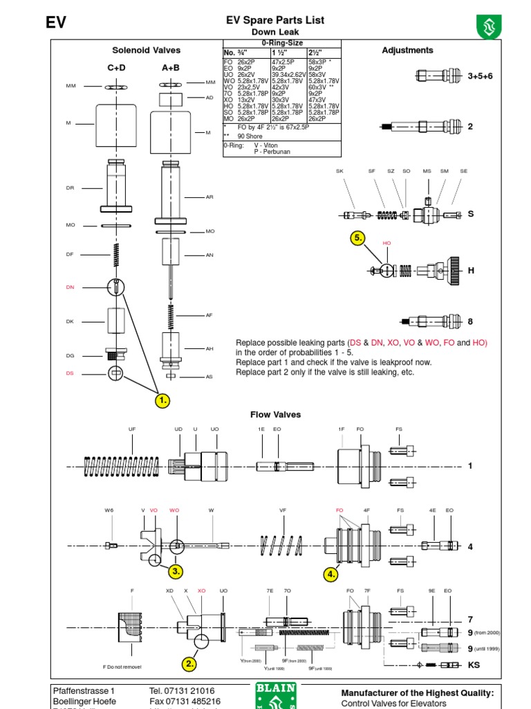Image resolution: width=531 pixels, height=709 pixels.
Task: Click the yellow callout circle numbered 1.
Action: click(x=162, y=400)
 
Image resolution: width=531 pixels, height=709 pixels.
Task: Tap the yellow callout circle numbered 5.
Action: click(x=357, y=238)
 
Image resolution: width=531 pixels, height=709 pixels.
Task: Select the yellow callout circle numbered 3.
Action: click(x=176, y=571)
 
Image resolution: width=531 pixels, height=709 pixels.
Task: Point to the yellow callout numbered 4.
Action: click(x=332, y=574)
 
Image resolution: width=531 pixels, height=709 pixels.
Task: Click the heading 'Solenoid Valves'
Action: click(x=146, y=50)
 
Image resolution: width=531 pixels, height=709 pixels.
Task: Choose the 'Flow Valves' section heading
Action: click(x=275, y=415)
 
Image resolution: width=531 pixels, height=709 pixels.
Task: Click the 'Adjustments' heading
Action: click(x=407, y=50)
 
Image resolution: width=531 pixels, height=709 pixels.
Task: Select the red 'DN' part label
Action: click(x=70, y=287)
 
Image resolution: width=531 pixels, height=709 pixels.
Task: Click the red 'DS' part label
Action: click(x=70, y=373)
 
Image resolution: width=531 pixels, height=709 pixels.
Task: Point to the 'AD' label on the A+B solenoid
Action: click(x=209, y=98)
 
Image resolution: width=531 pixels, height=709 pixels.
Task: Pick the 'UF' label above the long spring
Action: click(x=132, y=430)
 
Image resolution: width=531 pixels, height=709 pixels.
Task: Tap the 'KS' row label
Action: click(x=474, y=665)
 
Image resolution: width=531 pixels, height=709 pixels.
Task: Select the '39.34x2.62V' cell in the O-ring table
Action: click(x=289, y=75)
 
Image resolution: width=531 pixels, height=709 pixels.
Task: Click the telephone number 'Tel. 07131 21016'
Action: click(x=181, y=691)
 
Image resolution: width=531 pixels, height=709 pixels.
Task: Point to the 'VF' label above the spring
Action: click(x=283, y=510)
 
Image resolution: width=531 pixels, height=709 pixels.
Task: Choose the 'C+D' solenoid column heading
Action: click(x=115, y=68)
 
